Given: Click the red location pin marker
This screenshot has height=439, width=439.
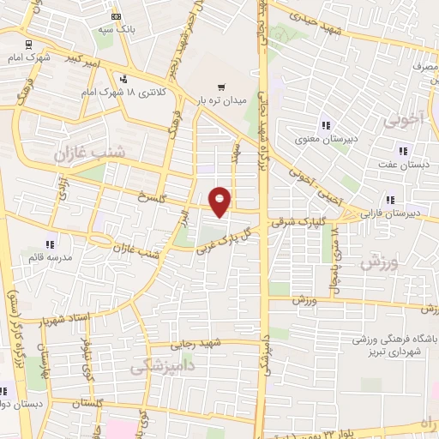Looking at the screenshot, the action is coord(220,201).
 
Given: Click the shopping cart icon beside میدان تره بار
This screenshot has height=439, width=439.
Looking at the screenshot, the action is coord(221,86).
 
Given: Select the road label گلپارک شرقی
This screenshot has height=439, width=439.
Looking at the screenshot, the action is coord(293,222).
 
